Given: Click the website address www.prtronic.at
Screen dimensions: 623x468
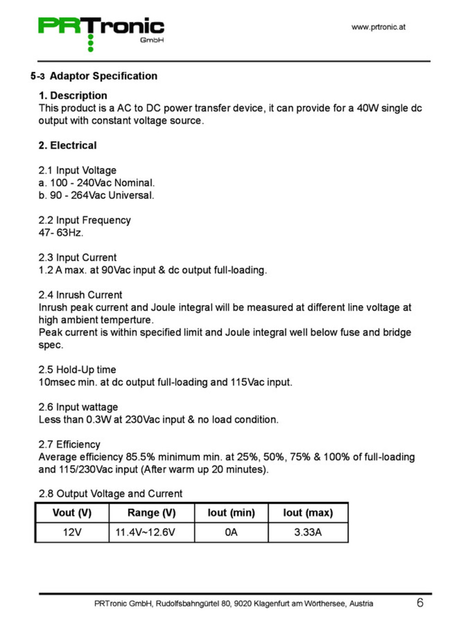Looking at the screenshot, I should [378, 27].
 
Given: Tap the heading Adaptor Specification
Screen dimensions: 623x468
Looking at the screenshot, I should [103, 76].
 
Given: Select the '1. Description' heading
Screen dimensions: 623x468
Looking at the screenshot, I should [73, 96].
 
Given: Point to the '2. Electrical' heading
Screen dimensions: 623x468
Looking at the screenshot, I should [67, 145].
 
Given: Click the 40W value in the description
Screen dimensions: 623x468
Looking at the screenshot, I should [367, 108].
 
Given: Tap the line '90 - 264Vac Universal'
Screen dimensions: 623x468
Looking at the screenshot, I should [101, 195].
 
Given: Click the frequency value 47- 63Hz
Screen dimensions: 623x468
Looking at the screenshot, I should [61, 233].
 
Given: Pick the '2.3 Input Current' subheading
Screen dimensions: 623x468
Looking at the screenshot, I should [77, 258].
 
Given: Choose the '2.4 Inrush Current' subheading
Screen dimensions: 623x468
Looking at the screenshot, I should [80, 295].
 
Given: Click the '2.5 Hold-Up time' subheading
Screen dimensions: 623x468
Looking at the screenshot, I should [77, 370].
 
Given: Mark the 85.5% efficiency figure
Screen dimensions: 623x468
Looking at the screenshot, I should [140, 457].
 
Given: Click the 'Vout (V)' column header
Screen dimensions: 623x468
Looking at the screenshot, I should [72, 513].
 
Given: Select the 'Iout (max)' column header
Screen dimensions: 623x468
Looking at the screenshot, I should [308, 513].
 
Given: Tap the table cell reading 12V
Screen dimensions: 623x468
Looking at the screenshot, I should [72, 532].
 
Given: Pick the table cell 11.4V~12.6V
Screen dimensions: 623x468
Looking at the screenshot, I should [145, 532].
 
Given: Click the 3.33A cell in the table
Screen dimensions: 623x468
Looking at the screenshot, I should [308, 532].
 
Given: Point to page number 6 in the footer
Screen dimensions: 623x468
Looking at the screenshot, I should [419, 602].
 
